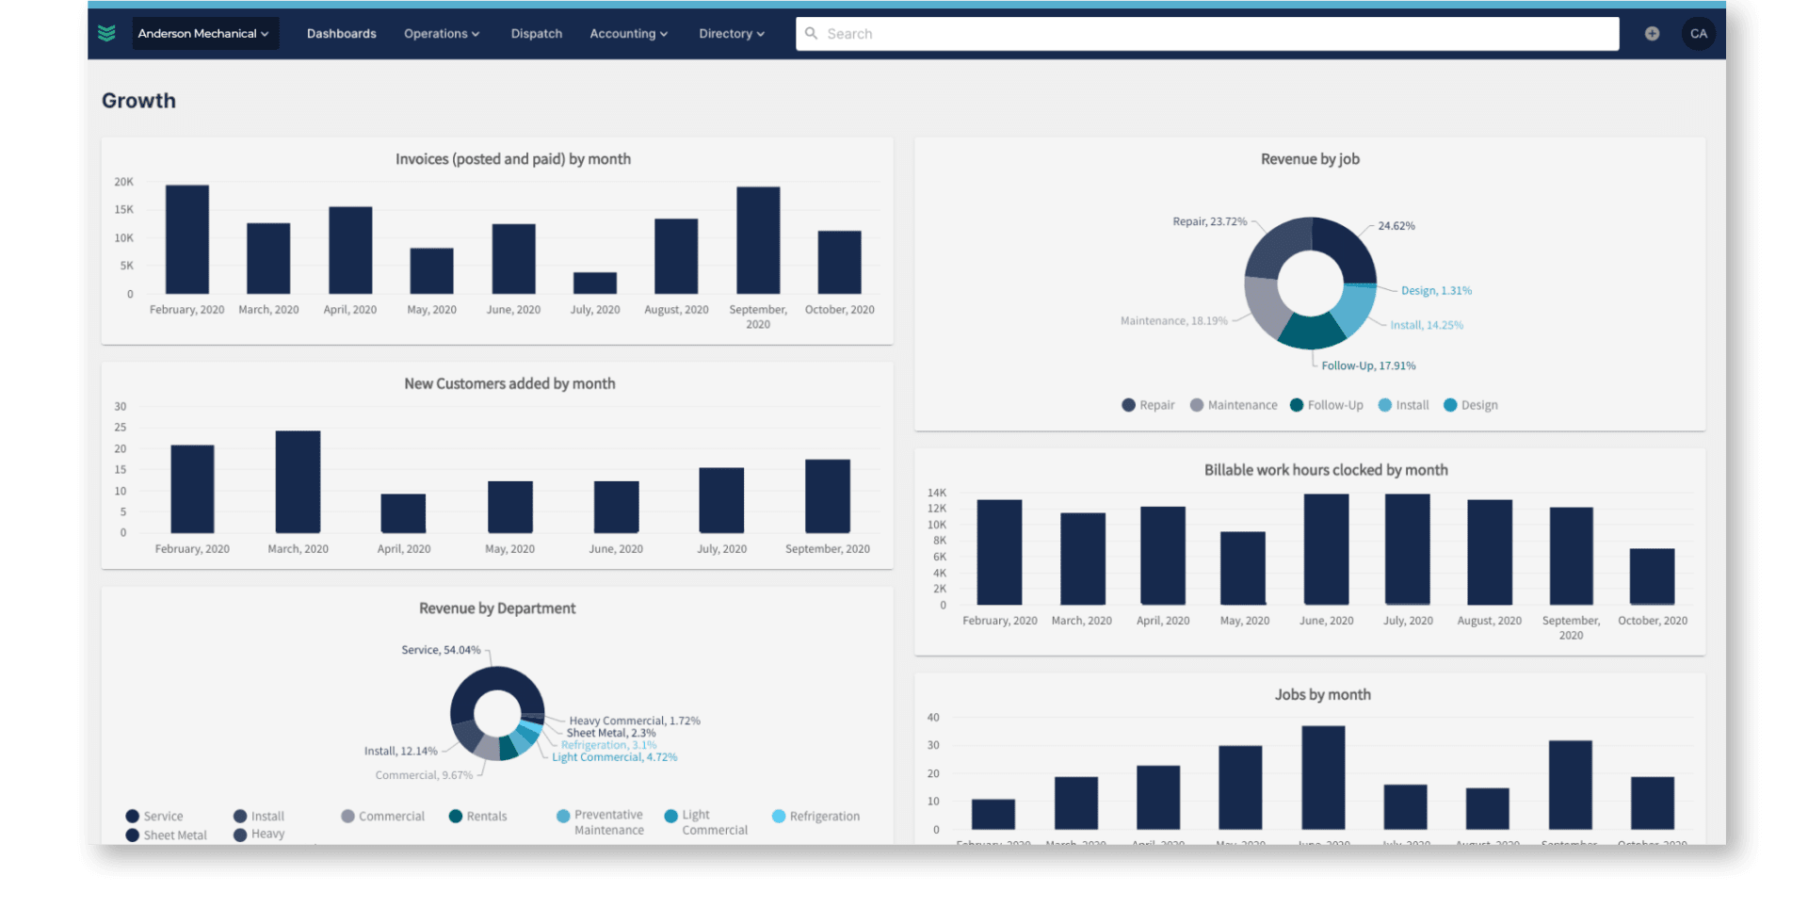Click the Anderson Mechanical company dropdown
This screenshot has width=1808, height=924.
click(203, 34)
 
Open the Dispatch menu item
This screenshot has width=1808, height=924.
click(536, 34)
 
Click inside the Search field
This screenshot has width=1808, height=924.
click(1205, 34)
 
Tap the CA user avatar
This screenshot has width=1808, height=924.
click(1698, 34)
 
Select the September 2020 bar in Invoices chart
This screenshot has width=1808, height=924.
click(758, 241)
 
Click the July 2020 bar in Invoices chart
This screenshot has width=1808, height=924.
click(595, 284)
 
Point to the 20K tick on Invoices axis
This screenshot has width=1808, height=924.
click(124, 182)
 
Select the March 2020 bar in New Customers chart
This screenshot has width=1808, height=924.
click(298, 482)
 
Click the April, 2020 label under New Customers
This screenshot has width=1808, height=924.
click(404, 549)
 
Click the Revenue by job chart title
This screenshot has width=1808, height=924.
click(1310, 159)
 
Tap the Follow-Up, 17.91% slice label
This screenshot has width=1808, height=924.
click(1367, 365)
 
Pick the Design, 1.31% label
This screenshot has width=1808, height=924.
click(1436, 290)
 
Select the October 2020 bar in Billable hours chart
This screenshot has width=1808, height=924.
click(1652, 576)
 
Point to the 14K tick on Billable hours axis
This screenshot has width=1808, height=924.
click(937, 493)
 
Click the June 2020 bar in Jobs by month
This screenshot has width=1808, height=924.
click(1323, 778)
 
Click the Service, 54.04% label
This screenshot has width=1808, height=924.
click(441, 650)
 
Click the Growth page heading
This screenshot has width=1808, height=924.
click(138, 101)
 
